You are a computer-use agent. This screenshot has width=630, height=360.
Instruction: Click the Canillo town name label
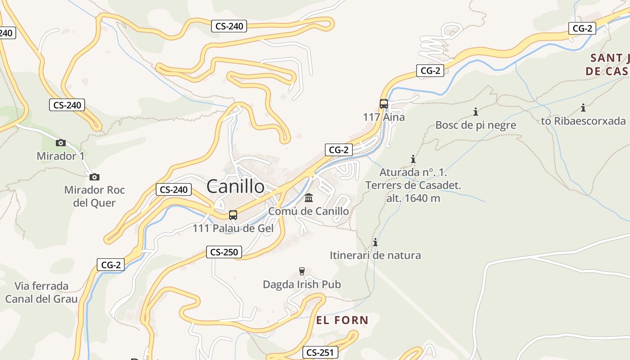235,186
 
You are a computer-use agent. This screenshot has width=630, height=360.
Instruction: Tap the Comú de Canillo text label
308,211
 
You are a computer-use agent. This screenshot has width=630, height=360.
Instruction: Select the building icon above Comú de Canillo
309,198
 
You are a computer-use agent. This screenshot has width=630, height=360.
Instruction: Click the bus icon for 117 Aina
383,104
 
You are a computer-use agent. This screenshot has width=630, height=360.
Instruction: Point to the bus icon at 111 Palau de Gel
233,215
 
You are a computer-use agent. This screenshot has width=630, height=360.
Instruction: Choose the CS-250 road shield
224,252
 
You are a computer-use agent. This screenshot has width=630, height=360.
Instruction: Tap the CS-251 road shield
320,352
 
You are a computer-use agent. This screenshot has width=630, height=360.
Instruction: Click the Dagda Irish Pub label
301,284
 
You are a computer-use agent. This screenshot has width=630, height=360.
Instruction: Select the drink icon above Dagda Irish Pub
302,271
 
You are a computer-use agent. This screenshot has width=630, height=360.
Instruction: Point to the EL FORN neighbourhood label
342,320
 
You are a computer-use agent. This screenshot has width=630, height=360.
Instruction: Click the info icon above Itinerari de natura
375,243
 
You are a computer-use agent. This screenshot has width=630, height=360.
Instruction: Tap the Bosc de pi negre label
476,125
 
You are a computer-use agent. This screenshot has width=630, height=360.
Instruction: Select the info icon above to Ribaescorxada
583,108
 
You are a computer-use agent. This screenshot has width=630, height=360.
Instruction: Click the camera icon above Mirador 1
60,143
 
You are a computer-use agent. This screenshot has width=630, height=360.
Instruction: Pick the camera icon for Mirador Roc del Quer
94,177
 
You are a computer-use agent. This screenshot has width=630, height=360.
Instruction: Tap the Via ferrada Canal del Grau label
41,292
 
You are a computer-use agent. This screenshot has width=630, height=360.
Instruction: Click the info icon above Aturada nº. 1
413,159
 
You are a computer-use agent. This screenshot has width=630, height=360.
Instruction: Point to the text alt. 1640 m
413,198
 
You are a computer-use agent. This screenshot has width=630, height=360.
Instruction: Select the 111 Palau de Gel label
233,228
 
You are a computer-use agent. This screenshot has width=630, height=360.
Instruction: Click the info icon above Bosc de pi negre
476,112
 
